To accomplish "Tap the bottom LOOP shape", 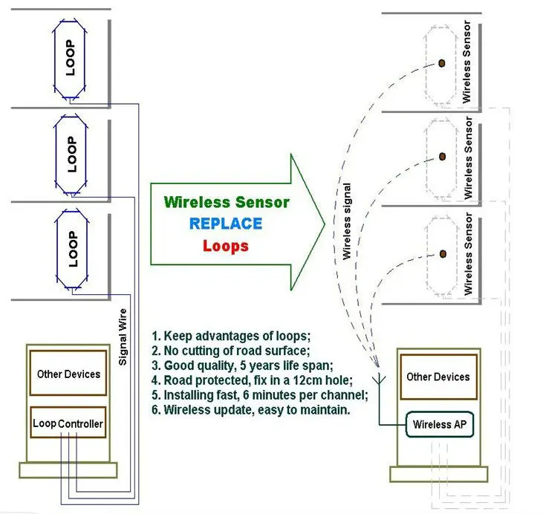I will (71, 248).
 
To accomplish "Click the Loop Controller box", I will (68, 424).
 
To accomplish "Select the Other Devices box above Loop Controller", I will (68, 374).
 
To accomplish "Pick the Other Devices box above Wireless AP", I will (438, 377).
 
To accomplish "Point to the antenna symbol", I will (379, 376).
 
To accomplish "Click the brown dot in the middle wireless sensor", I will (441, 156).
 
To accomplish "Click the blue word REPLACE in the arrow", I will (226, 224).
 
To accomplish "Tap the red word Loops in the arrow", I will (226, 246).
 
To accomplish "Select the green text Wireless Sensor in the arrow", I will (226, 202).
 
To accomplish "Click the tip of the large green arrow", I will (324, 222).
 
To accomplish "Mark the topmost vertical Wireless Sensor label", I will (466, 62).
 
